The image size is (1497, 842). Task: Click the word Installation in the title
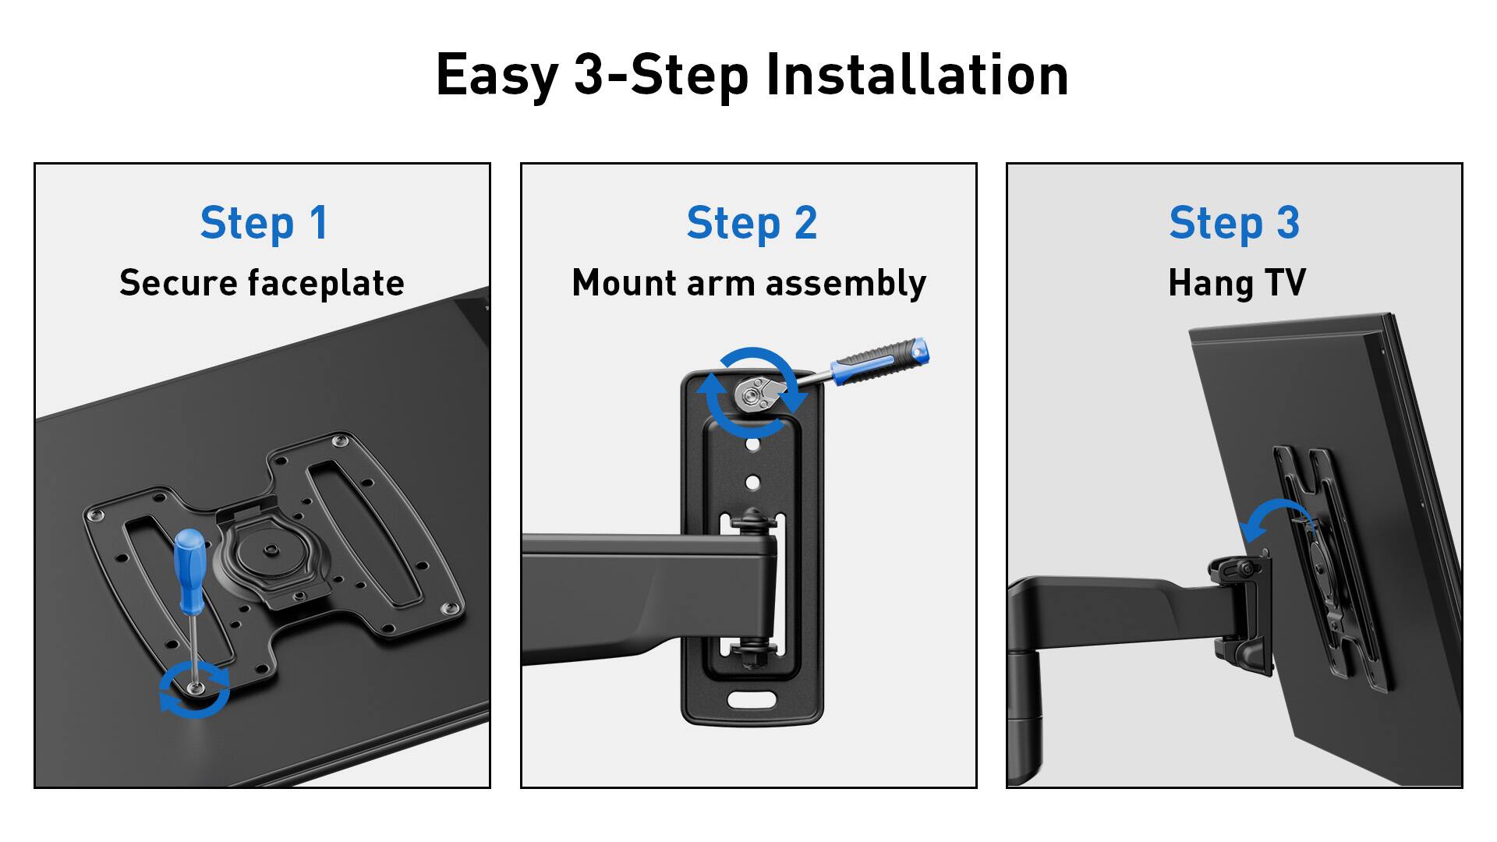[917, 75]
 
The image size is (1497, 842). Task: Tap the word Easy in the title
[497, 76]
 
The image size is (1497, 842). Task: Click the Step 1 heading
[264, 223]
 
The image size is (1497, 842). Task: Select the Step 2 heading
[752, 223]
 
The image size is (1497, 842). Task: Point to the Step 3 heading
[1234, 223]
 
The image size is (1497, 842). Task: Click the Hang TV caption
[1237, 284]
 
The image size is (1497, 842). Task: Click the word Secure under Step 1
[179, 283]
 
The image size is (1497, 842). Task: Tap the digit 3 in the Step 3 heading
[1287, 223]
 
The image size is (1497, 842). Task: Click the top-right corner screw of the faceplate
[338, 442]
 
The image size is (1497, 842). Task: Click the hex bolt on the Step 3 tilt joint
[1246, 568]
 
